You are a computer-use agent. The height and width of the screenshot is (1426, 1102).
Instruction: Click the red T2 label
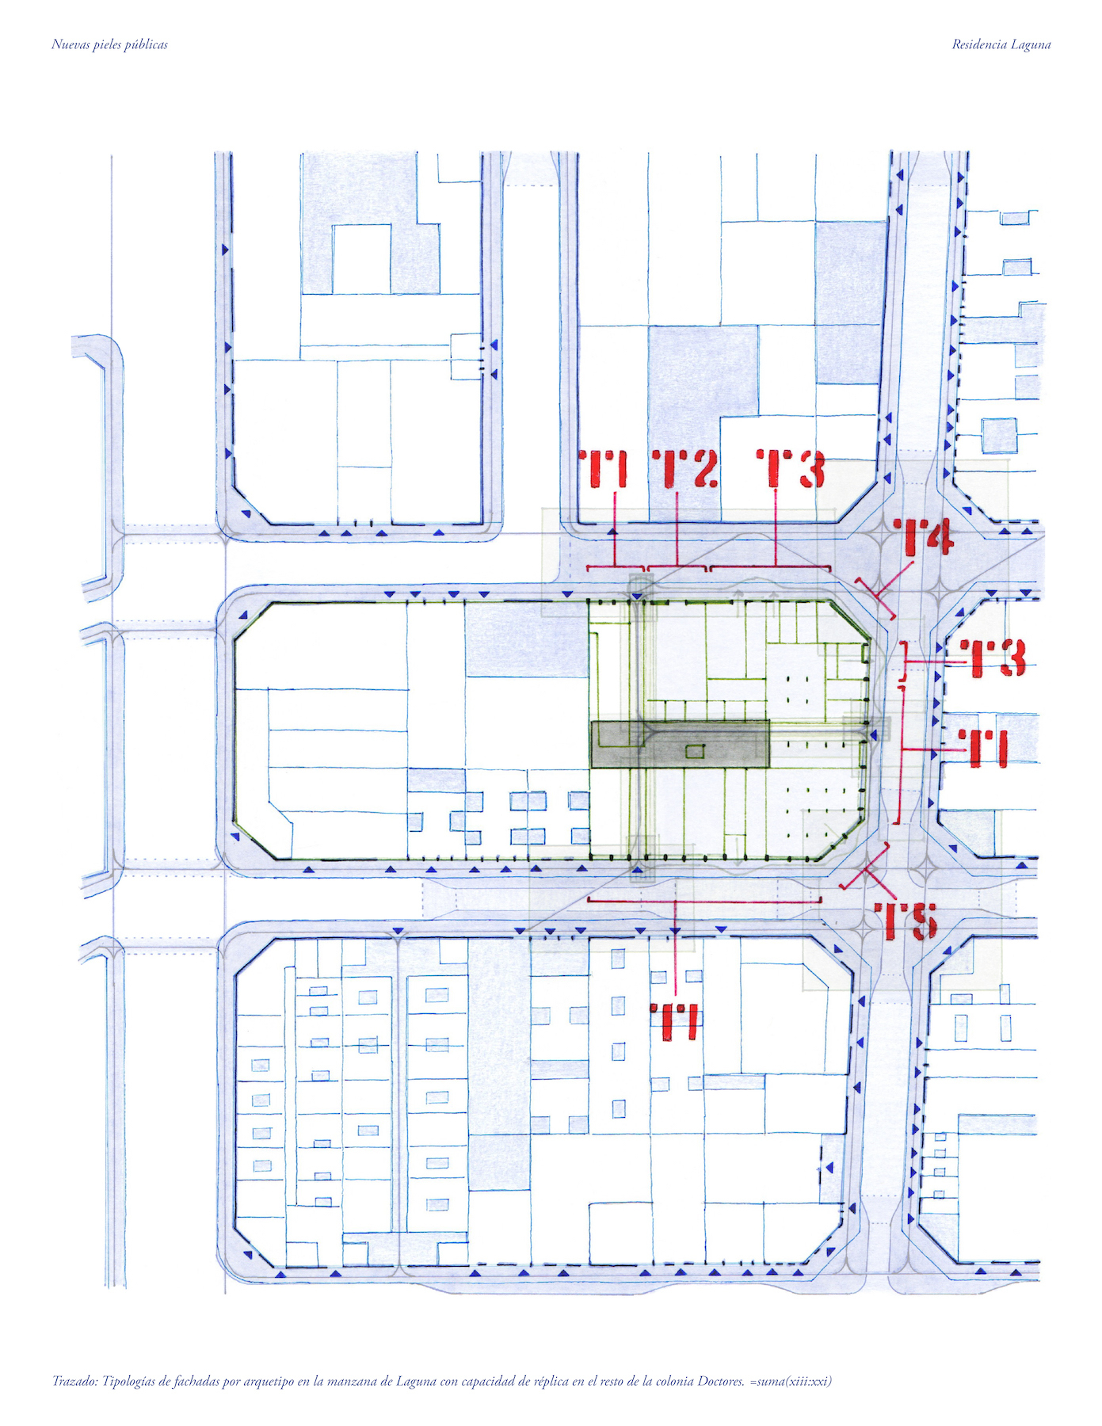[x=685, y=469]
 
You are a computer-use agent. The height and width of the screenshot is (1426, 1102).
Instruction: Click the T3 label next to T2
[x=791, y=469]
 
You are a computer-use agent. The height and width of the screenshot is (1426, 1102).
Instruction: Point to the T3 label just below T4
[x=993, y=658]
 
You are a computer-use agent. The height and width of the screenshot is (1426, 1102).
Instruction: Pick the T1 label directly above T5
[x=983, y=749]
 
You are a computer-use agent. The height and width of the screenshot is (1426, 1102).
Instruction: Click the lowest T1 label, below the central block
[x=674, y=1022]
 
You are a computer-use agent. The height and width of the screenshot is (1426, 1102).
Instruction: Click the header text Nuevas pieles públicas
[x=109, y=44]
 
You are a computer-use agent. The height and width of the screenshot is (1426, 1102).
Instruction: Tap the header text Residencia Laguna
[x=1001, y=44]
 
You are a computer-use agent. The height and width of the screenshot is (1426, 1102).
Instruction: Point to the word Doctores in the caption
[x=721, y=1381]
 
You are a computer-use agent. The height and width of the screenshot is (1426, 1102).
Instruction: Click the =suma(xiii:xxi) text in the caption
[x=791, y=1382]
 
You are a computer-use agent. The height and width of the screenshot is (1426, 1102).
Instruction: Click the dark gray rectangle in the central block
[x=680, y=744]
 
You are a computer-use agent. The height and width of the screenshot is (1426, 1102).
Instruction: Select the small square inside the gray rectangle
[x=694, y=751]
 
